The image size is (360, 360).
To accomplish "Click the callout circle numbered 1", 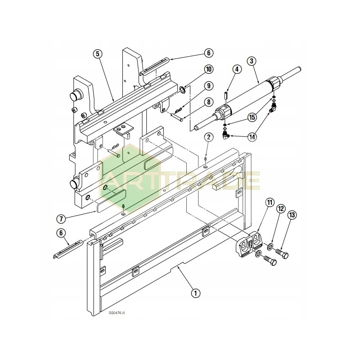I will tap(195, 293).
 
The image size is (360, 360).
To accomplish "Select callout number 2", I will tap(208, 137).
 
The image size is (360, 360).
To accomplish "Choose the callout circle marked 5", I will tap(97, 53).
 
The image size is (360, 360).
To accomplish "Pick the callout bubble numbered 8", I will tap(208, 102).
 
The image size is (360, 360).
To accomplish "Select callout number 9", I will tap(208, 85).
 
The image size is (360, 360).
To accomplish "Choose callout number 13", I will tap(292, 215).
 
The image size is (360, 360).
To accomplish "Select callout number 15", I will tap(252, 117).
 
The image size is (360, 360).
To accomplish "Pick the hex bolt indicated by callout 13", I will tap(282, 254).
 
